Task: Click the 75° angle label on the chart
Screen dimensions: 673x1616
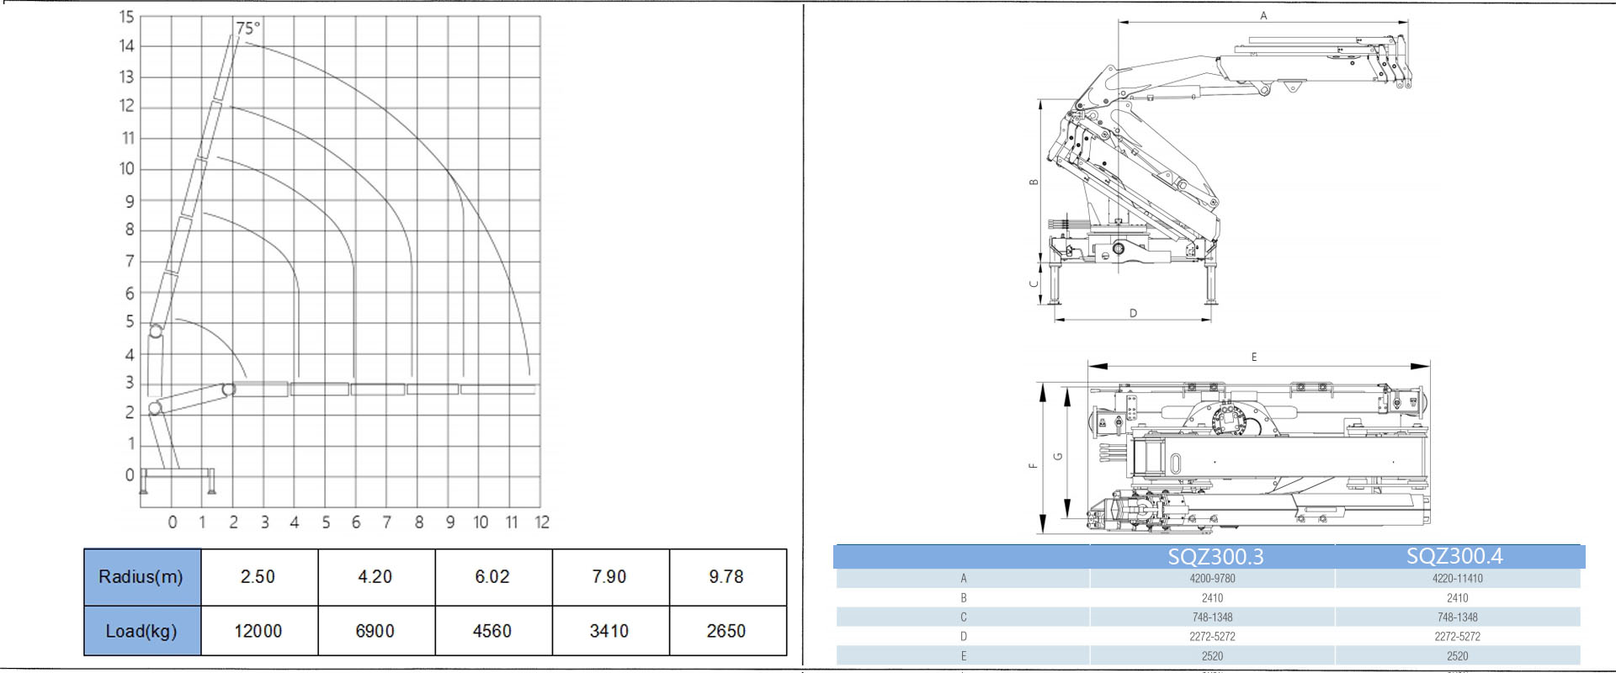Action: click(x=248, y=28)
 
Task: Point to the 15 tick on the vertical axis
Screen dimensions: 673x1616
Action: click(x=126, y=16)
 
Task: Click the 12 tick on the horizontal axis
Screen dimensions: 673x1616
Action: click(x=541, y=522)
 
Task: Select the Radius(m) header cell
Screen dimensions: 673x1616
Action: click(x=141, y=577)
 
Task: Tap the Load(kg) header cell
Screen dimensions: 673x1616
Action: click(x=141, y=631)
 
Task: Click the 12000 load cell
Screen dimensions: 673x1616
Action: click(x=258, y=631)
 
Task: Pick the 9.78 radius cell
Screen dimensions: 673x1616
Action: click(x=726, y=577)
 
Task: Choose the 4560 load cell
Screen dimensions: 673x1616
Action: click(x=492, y=631)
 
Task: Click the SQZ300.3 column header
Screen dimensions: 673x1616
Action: click(x=1215, y=556)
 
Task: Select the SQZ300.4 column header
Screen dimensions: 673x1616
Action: click(x=1454, y=556)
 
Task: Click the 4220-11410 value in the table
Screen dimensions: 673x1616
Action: click(x=1458, y=579)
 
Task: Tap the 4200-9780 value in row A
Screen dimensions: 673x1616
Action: click(x=1212, y=579)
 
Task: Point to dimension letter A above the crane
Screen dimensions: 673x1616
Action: click(x=1263, y=16)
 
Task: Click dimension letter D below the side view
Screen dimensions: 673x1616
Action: click(x=1133, y=314)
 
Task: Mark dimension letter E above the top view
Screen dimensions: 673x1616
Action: click(x=1254, y=358)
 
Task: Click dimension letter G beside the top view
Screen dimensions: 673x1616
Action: click(x=1058, y=457)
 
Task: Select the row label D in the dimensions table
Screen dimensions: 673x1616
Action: click(x=964, y=637)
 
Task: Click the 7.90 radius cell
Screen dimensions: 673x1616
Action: click(x=609, y=577)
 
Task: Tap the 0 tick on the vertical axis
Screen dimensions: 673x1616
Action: click(x=130, y=475)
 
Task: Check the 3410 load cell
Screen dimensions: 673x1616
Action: click(x=609, y=631)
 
